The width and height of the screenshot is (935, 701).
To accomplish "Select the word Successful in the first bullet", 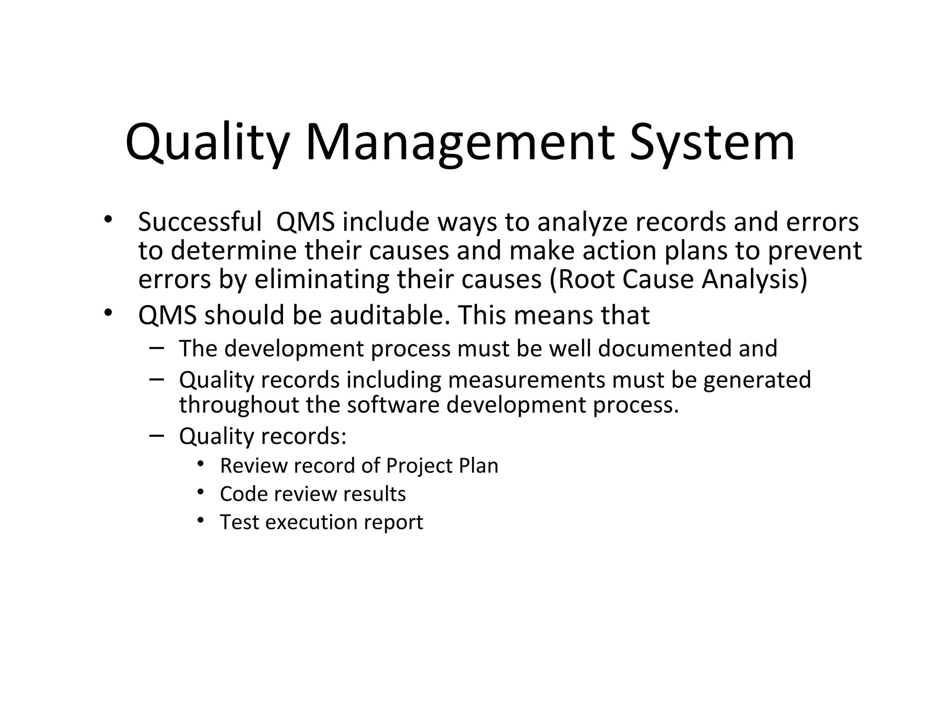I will coord(200,222).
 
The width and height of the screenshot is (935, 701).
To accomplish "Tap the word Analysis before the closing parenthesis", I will coord(751,279).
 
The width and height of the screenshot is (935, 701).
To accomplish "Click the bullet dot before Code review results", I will coord(200,492).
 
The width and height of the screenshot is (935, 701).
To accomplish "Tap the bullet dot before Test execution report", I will coord(200,520).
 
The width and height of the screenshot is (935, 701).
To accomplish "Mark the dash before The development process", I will coord(156,348).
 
